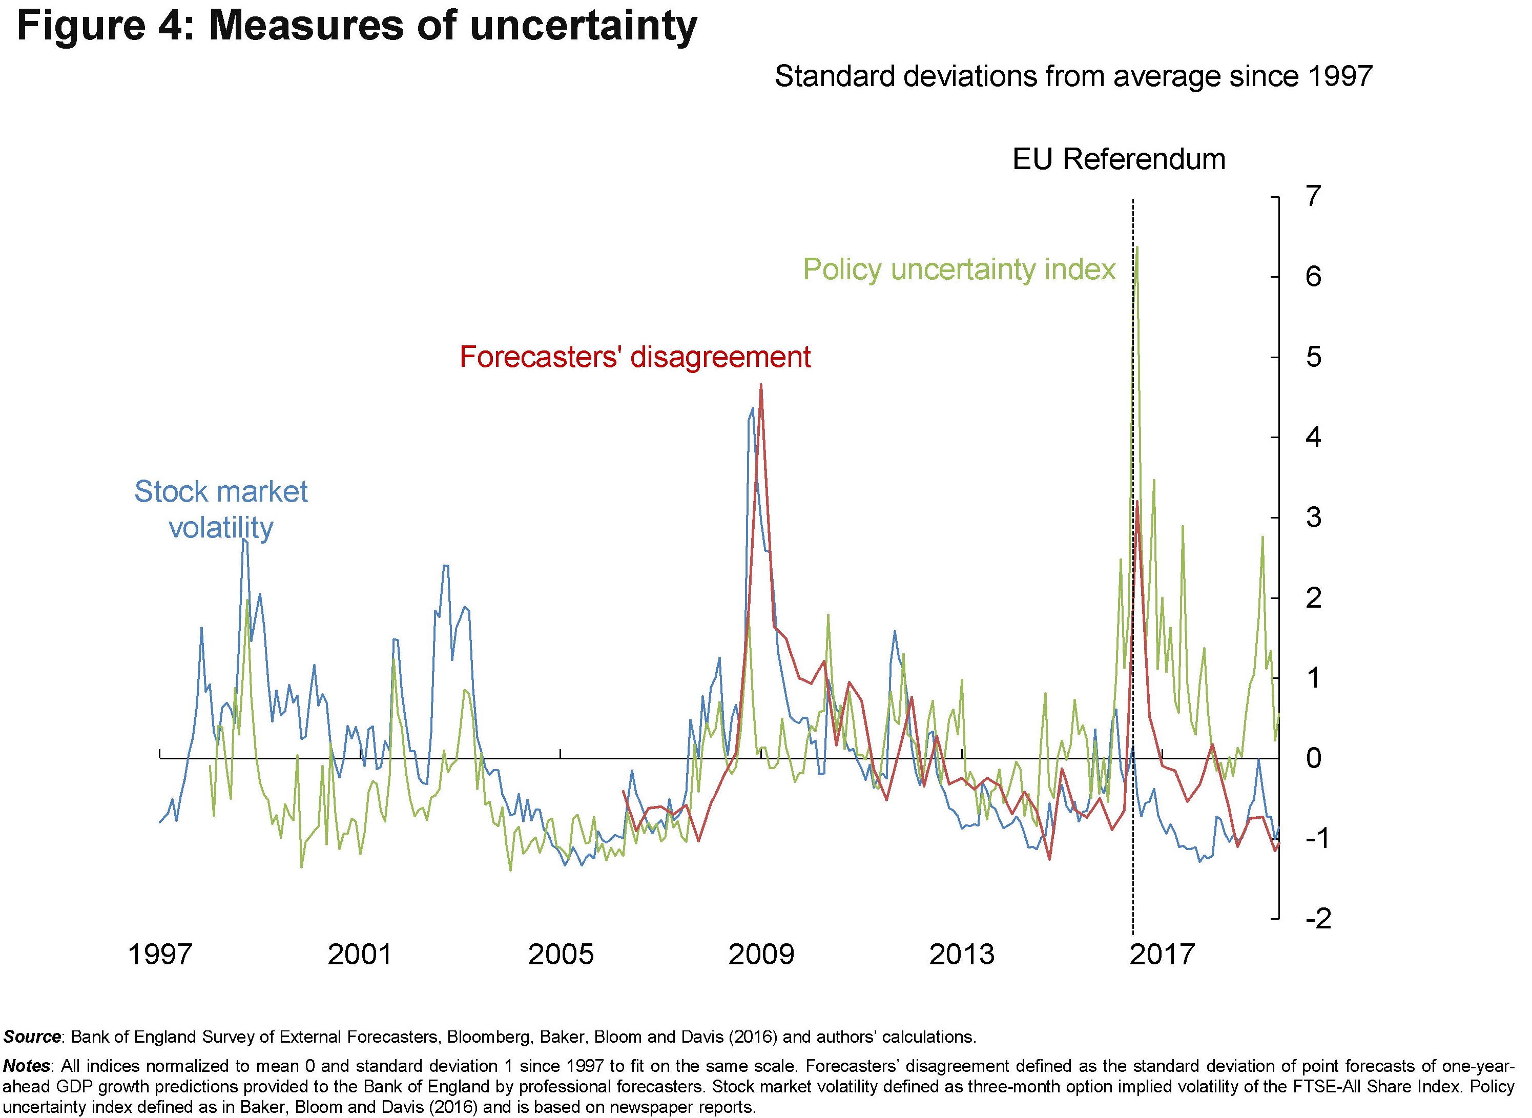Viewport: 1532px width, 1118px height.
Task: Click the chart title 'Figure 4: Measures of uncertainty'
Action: point(357,27)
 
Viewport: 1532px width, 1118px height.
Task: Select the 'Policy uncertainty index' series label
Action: point(958,270)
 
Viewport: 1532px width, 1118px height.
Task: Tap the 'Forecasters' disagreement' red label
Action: point(635,357)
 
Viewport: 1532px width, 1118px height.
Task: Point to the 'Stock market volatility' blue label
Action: point(221,509)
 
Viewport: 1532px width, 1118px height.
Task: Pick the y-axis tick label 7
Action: point(1313,197)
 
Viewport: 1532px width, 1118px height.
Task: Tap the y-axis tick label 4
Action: point(1313,437)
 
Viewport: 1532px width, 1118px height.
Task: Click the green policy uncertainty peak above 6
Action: point(1137,247)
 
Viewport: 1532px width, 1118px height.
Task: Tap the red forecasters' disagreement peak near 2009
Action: point(761,386)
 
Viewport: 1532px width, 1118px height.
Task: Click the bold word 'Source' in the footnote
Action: point(32,1037)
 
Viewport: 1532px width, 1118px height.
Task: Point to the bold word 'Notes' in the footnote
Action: point(27,1066)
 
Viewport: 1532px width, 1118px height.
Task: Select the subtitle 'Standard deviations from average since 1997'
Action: point(1073,76)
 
